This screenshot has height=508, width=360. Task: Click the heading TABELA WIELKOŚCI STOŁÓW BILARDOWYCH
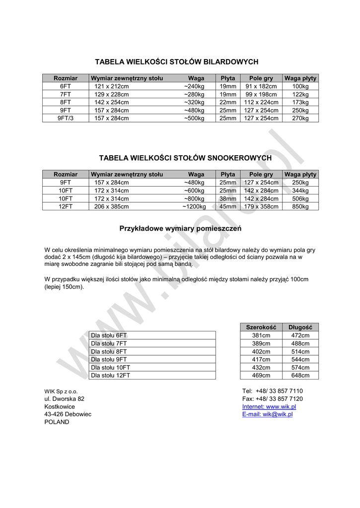pyautogui.click(x=177, y=62)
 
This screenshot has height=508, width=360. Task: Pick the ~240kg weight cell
pyautogui.click(x=194, y=86)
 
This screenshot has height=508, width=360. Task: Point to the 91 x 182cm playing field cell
pyautogui.click(x=261, y=86)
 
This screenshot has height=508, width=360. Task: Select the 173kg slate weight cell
pyautogui.click(x=300, y=103)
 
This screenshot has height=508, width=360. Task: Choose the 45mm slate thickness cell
pyautogui.click(x=228, y=207)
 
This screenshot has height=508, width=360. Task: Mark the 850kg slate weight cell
pyautogui.click(x=300, y=207)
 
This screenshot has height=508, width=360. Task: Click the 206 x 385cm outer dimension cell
pyautogui.click(x=112, y=207)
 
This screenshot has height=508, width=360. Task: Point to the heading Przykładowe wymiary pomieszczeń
pyautogui.click(x=180, y=229)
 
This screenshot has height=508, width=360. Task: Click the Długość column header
pyautogui.click(x=300, y=327)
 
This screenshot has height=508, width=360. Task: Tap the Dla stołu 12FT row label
pyautogui.click(x=111, y=376)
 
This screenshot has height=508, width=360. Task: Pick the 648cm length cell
pyautogui.click(x=300, y=376)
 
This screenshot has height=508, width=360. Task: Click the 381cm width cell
pyautogui.click(x=261, y=336)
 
